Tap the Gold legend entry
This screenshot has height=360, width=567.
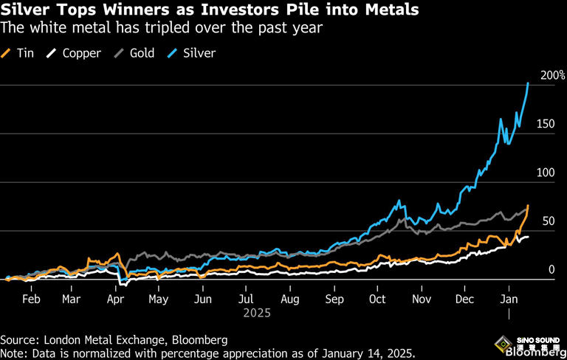137,53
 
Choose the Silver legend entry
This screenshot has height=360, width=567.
193,53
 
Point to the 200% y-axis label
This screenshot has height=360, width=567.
552,75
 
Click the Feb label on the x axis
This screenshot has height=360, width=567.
31,300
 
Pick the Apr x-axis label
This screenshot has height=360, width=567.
115,300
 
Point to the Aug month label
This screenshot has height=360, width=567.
290,300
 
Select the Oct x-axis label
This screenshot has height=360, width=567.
377,300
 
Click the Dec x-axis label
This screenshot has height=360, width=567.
464,300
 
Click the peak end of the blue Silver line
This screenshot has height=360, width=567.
528,83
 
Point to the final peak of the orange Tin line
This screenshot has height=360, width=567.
528,206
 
